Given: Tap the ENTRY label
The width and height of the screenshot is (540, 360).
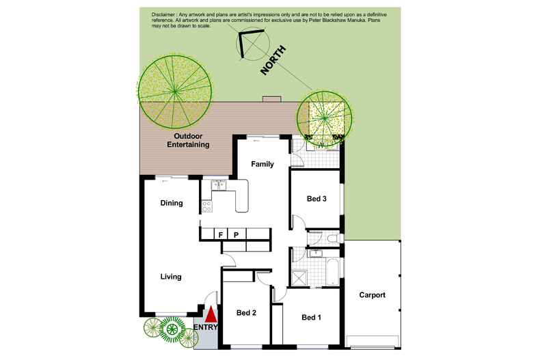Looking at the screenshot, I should [206, 328].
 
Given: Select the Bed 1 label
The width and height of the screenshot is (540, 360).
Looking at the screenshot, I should [310, 317].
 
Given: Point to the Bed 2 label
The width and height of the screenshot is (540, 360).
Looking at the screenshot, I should [246, 313].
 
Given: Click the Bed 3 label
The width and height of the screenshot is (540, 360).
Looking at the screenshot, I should [316, 199].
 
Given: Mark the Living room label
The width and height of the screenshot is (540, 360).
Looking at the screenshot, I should [171, 277].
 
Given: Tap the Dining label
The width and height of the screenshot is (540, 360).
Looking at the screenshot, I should [171, 203].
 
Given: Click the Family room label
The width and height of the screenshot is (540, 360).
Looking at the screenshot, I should [262, 164].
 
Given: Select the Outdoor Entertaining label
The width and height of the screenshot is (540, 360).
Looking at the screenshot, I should [188, 140].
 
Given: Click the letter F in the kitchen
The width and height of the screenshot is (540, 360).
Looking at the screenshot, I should [221, 235].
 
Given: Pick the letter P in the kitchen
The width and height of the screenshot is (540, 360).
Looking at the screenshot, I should [236, 235].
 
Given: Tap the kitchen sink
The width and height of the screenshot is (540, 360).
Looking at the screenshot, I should [219, 184].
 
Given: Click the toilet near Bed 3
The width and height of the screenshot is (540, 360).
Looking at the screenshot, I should [332, 238].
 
